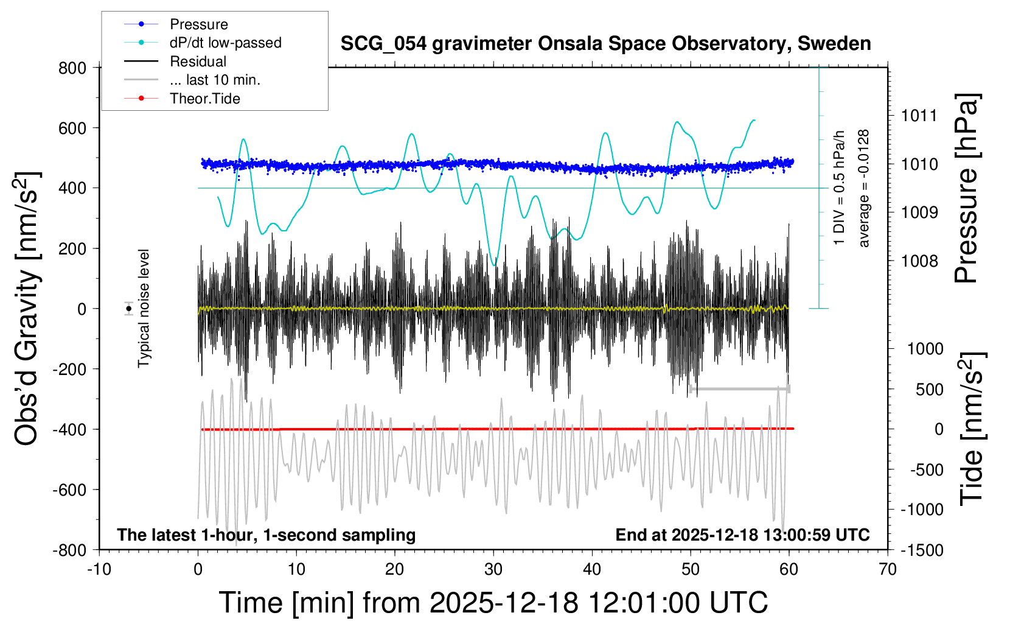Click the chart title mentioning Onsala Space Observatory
(x=605, y=44)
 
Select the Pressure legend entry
(x=198, y=24)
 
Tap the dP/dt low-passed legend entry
(x=225, y=43)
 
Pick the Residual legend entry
(x=198, y=61)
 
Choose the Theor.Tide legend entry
(x=204, y=99)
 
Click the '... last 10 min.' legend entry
(x=215, y=80)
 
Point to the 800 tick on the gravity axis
(x=72, y=68)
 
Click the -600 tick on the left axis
(x=70, y=489)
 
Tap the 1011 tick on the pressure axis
(x=919, y=116)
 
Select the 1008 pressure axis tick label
(x=919, y=261)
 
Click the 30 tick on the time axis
(x=493, y=569)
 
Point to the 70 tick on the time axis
(x=888, y=569)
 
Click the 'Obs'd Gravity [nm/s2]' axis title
(x=27, y=309)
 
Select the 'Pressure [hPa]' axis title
(x=967, y=188)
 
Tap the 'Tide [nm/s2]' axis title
(x=972, y=429)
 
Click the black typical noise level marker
(x=129, y=309)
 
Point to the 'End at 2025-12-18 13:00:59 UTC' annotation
(x=742, y=535)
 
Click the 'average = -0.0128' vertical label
(x=864, y=188)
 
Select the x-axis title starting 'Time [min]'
(x=493, y=602)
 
